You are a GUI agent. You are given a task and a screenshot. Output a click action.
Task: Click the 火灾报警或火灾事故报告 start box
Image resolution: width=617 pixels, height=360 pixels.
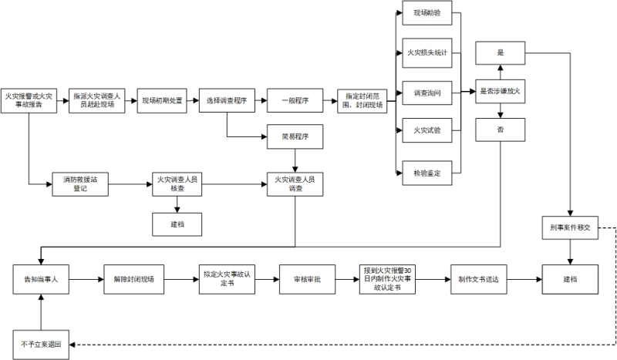click(28, 101)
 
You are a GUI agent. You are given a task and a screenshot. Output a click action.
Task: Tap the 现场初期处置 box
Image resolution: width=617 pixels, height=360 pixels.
click(162, 101)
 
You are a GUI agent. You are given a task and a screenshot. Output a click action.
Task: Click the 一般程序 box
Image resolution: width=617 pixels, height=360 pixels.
click(295, 101)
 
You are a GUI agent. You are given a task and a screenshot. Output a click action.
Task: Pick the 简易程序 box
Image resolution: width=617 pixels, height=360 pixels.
click(295, 136)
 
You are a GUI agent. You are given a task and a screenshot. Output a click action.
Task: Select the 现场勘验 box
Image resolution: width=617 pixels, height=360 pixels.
click(427, 14)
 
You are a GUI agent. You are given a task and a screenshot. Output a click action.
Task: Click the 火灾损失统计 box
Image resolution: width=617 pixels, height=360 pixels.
click(427, 53)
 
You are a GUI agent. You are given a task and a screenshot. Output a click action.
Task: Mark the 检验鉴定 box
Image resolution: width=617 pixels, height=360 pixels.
click(427, 173)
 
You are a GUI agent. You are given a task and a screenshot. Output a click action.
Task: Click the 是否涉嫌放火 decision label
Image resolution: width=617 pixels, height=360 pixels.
click(500, 93)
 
